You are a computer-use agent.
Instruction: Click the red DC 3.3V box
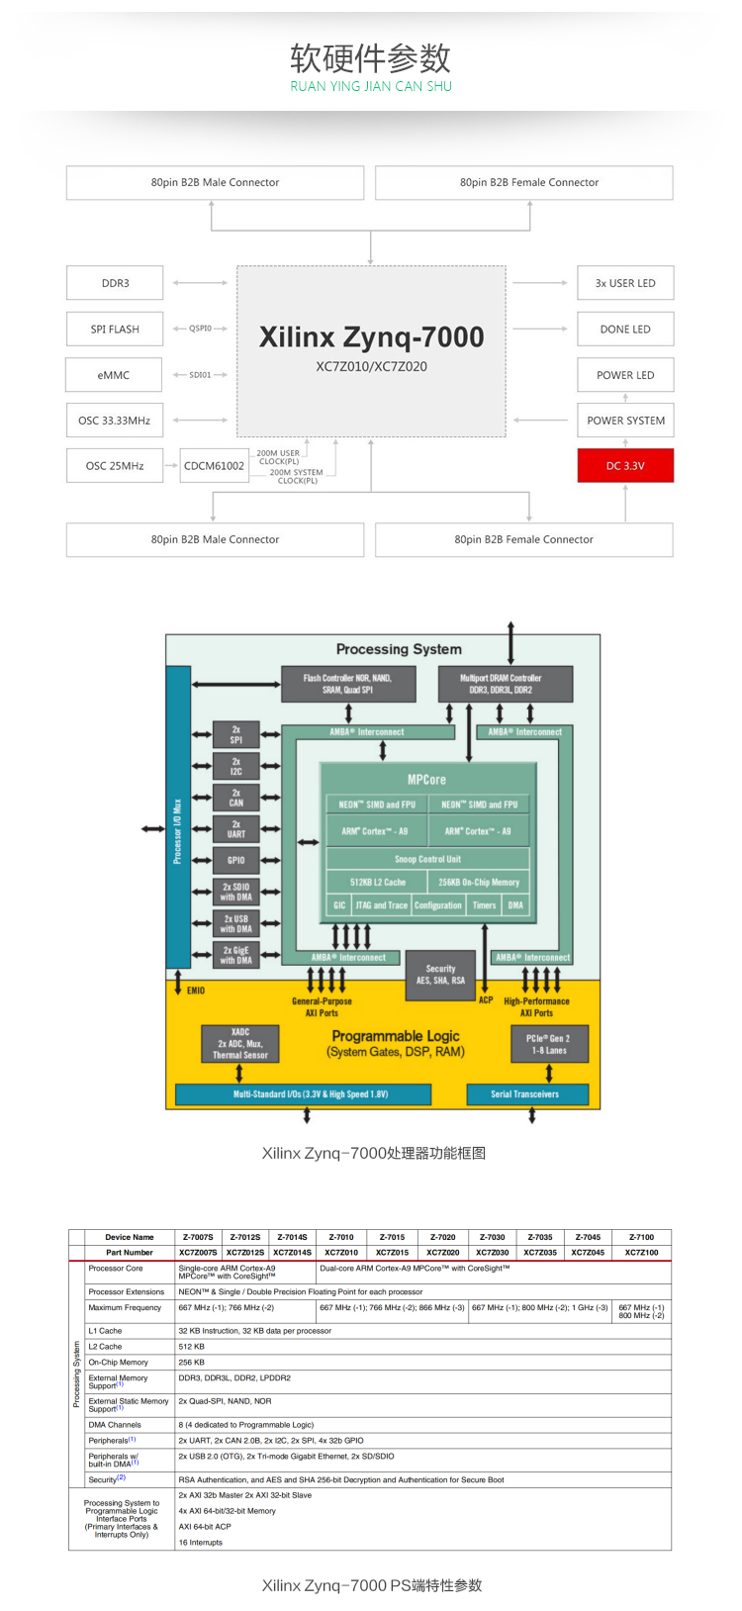pos(625,465)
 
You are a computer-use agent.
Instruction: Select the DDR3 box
pos(115,283)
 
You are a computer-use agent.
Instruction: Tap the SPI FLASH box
pos(115,329)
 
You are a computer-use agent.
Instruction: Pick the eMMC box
pos(114,375)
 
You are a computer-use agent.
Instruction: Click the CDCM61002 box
pos(214,465)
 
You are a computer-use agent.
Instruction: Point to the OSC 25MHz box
pos(115,465)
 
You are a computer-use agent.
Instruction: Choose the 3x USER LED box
pos(625,283)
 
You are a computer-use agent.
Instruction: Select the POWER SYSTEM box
pos(625,420)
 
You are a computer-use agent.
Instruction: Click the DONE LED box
pos(625,329)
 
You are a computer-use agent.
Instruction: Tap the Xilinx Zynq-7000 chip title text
pos(371,337)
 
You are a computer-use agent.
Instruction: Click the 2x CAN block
pos(236,798)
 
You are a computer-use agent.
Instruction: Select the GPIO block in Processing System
pos(236,860)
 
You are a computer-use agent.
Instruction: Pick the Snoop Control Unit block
pos(427,859)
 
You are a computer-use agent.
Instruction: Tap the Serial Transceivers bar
pos(525,1093)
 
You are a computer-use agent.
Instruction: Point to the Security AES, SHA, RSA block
pos(441,975)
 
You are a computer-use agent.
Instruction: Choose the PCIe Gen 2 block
pos(549,1044)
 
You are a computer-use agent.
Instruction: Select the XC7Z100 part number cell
pos(641,1252)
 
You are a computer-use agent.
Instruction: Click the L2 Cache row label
pos(106,1346)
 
